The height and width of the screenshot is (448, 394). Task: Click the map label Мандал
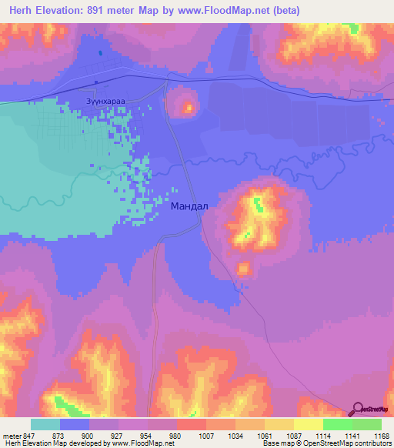click(x=189, y=206)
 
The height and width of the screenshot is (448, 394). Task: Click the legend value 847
click(x=30, y=436)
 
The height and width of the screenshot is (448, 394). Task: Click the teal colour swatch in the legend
click(x=45, y=424)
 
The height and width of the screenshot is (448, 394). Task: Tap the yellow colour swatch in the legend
click(x=309, y=424)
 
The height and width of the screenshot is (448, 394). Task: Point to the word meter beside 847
click(x=12, y=436)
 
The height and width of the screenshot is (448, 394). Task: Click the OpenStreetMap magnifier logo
click(x=357, y=409)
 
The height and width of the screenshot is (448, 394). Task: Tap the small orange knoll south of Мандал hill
click(x=244, y=269)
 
